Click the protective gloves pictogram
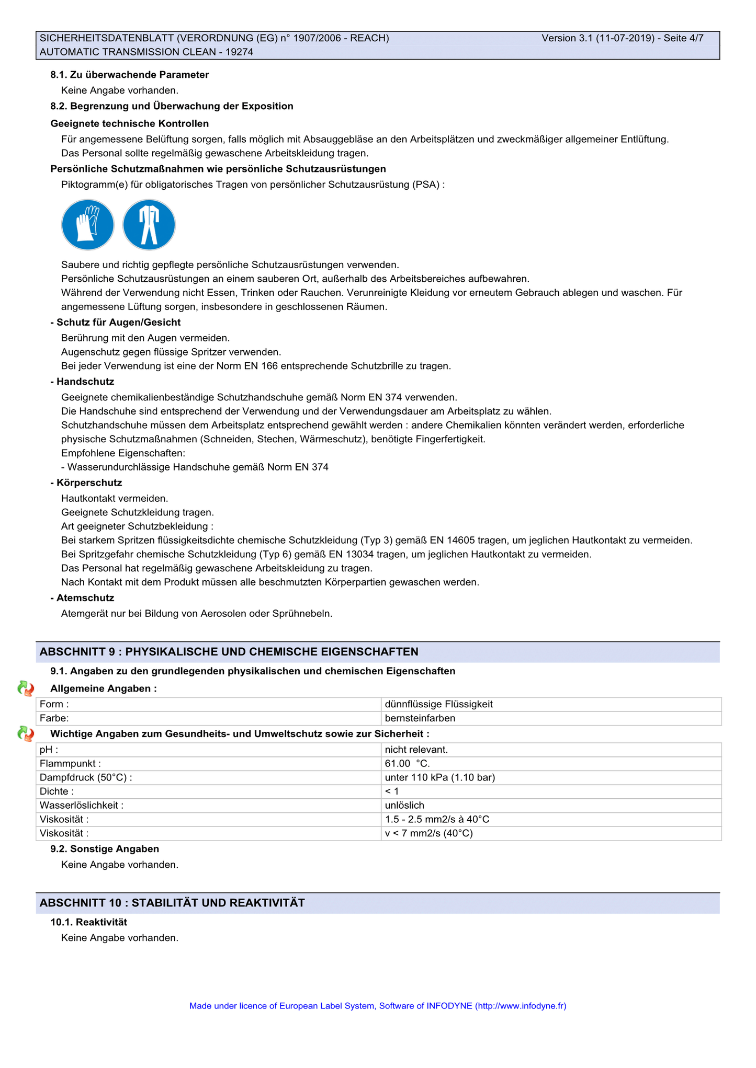pos(87,225)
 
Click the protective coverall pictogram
pos(149,225)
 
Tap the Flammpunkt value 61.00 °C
pos(407,764)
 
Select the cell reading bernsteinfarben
pos(420,718)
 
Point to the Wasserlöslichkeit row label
pos(82,806)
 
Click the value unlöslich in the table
pos(404,806)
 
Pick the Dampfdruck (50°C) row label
pos(86,778)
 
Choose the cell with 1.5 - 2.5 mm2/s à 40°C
pos(437,820)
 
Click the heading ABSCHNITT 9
pos(229,652)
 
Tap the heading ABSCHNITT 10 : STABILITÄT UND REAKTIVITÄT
pos(172,903)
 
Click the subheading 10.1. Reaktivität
pos(88,922)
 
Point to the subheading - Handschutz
pos(82,382)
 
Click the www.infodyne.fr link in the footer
pos(521,1006)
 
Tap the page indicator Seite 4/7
pos(683,38)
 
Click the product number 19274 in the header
pos(240,52)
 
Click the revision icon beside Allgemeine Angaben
pos(26,688)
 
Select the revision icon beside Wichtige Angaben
pos(26,734)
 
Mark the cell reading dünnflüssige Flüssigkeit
pos(438,704)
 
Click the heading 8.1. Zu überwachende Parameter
pos(129,75)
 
